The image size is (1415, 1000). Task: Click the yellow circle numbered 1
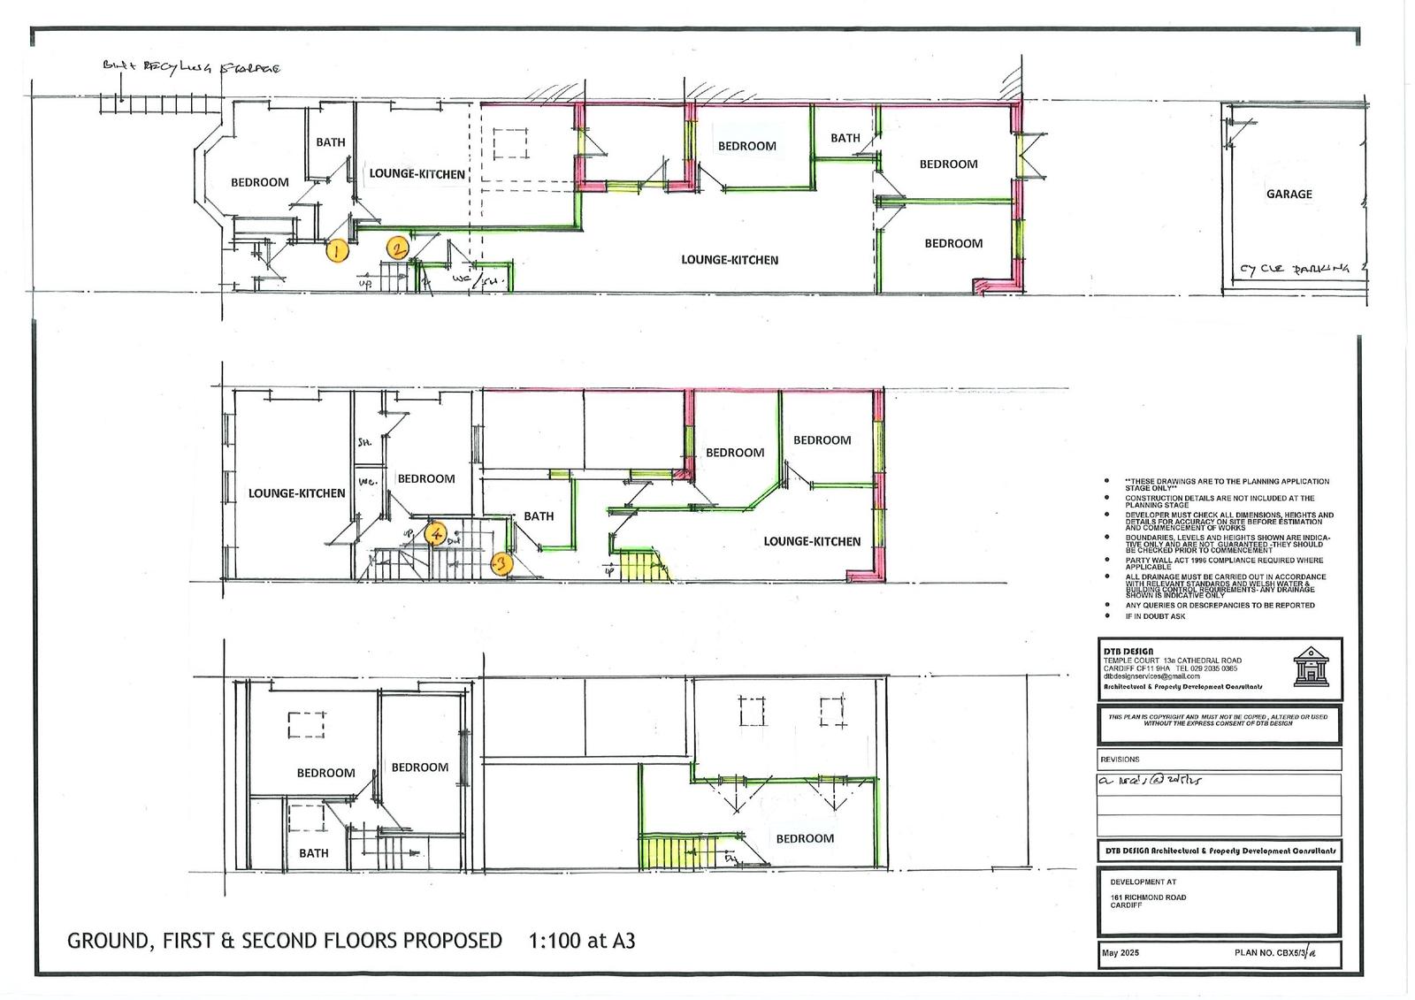click(336, 251)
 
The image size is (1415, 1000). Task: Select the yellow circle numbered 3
click(501, 562)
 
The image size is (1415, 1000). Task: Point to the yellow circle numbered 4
click(434, 534)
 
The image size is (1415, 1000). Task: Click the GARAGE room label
click(1289, 194)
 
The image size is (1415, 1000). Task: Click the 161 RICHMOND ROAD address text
click(1148, 897)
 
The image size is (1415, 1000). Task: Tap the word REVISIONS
click(1120, 759)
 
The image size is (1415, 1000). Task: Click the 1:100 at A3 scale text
click(581, 940)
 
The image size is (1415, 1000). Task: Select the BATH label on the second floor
click(313, 853)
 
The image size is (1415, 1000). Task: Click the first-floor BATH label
click(539, 516)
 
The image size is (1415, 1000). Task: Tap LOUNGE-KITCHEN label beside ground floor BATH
click(417, 173)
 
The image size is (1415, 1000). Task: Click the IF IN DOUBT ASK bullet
click(1155, 616)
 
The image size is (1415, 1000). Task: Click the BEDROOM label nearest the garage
click(948, 164)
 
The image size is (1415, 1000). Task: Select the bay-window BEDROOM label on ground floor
click(259, 182)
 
